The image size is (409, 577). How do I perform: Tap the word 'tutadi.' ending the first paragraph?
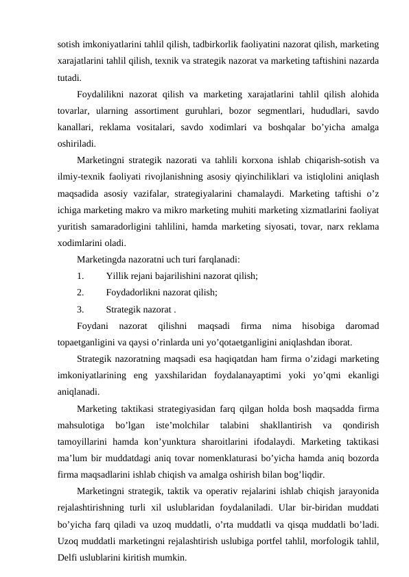71,77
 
